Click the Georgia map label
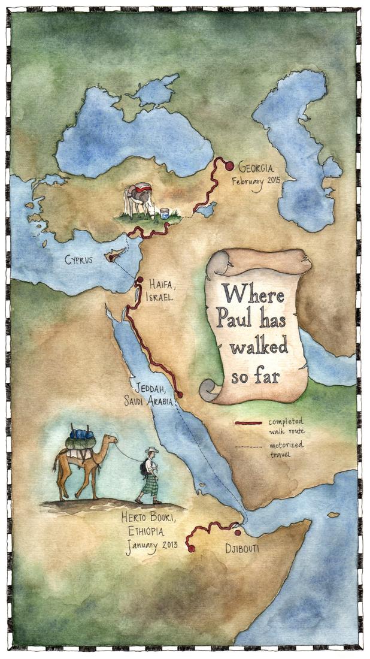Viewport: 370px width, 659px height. click(x=257, y=167)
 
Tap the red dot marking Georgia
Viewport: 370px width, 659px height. click(x=229, y=166)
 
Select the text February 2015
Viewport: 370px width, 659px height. click(x=256, y=182)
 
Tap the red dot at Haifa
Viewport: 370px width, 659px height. click(x=139, y=280)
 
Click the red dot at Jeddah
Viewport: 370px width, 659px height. click(x=180, y=394)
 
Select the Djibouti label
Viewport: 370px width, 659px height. click(x=242, y=548)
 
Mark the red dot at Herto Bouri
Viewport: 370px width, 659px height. click(x=191, y=548)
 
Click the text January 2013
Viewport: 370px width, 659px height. click(x=152, y=546)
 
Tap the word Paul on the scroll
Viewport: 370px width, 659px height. click(x=234, y=319)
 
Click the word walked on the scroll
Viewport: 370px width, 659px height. click(x=259, y=346)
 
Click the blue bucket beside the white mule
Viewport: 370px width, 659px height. click(x=164, y=213)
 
